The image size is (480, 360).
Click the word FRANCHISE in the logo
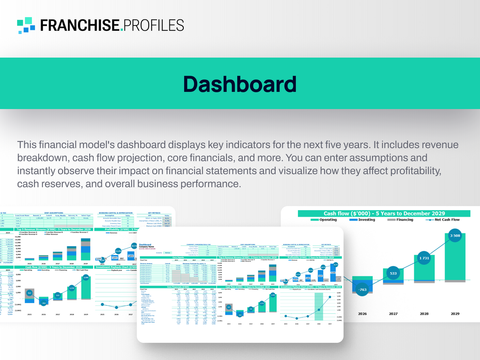pyautogui.click(x=80, y=26)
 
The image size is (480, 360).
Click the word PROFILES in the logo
pyautogui.click(x=153, y=26)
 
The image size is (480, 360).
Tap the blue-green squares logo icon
pyautogui.click(x=26, y=25)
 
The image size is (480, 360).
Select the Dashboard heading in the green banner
pyautogui.click(x=240, y=84)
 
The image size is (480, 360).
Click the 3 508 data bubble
pyautogui.click(x=455, y=236)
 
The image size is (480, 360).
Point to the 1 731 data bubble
pyautogui.click(x=424, y=258)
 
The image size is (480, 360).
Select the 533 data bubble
pyautogui.click(x=393, y=273)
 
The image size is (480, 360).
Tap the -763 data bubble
pyautogui.click(x=362, y=290)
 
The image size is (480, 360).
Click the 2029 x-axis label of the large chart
pyautogui.click(x=455, y=314)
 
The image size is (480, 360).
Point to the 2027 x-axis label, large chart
pyautogui.click(x=393, y=314)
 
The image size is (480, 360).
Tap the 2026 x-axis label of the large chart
pyautogui.click(x=362, y=314)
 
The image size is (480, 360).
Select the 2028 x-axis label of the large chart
pyautogui.click(x=424, y=314)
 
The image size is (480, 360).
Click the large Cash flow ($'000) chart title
pyautogui.click(x=384, y=213)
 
